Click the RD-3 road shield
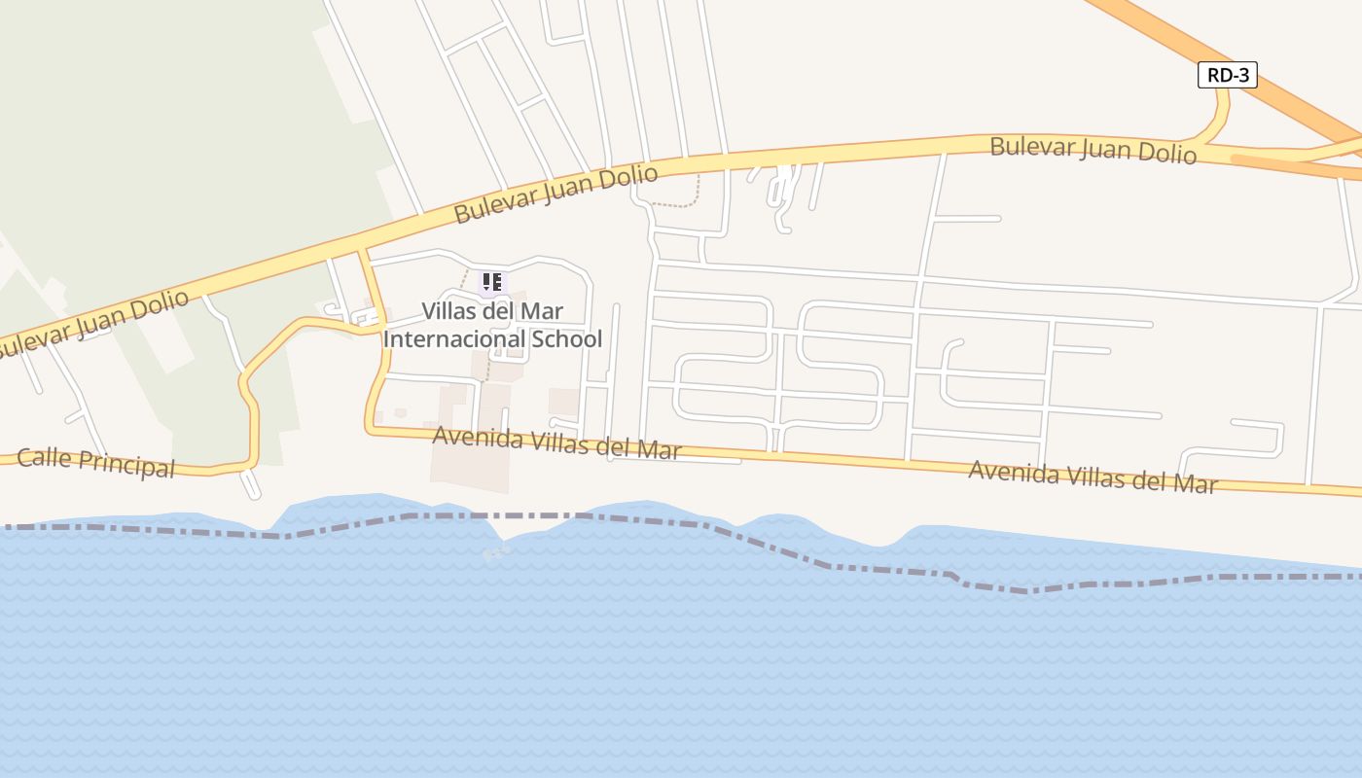tap(1227, 75)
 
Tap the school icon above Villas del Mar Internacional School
tap(492, 283)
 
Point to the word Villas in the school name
tap(451, 312)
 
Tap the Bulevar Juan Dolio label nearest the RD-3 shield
tap(1093, 150)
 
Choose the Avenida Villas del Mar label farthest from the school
tap(1093, 477)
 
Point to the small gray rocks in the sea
tap(496, 552)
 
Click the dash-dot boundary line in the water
tap(681, 521)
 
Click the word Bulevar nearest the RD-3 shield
tap(1031, 147)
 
